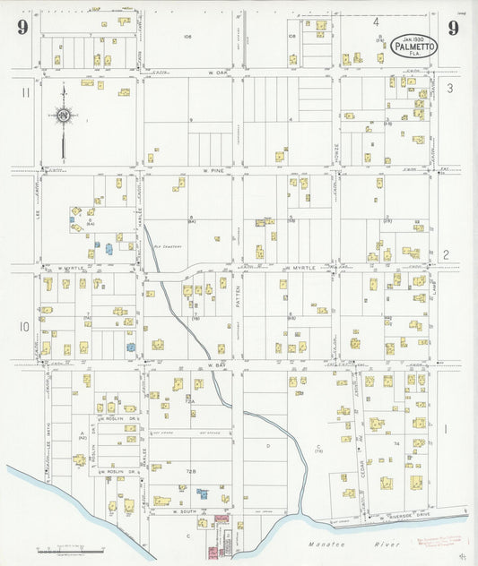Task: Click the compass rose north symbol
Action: point(63,115)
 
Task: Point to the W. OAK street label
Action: point(213,73)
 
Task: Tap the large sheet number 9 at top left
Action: point(22,30)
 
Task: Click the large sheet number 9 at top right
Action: point(454,29)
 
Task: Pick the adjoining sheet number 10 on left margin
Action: point(24,326)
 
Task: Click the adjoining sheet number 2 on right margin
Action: point(446,254)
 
